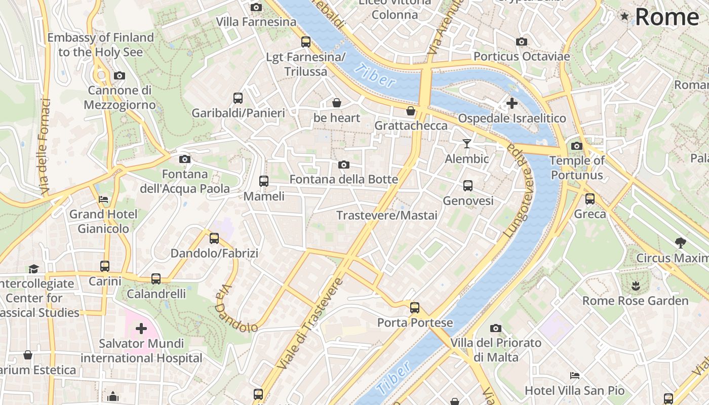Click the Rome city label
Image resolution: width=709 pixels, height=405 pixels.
pos(666,17)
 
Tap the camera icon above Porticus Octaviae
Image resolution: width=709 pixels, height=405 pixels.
pos(522,42)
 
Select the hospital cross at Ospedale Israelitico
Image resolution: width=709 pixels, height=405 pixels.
pos(511,103)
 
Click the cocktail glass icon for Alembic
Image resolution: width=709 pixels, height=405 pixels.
pos(467,144)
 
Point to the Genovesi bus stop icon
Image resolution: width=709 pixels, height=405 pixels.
pos(468,186)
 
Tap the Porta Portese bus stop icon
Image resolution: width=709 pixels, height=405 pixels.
pos(415,307)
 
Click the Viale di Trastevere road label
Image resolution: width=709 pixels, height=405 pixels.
pos(310,324)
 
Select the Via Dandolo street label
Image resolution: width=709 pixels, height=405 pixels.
pos(235,310)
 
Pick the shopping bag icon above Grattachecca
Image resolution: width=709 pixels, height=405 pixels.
pos(411,110)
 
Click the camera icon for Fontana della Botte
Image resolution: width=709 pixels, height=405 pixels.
pos(344,165)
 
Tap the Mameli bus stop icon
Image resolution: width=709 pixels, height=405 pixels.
pos(263,181)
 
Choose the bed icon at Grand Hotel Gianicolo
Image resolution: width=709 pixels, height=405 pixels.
pos(103,199)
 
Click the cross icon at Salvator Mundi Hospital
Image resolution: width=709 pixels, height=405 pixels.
pos(141,329)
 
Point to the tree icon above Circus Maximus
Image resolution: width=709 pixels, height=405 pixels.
pos(681,243)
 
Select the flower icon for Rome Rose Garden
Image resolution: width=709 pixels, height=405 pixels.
pos(636,286)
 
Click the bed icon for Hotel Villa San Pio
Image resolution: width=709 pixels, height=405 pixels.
pos(575,376)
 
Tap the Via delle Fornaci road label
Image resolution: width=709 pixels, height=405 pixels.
pos(45,147)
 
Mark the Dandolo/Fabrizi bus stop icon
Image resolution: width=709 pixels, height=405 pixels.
pos(214,238)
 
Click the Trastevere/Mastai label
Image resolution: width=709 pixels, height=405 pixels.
pos(387,216)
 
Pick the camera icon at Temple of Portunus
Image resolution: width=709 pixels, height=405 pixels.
pos(576,146)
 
